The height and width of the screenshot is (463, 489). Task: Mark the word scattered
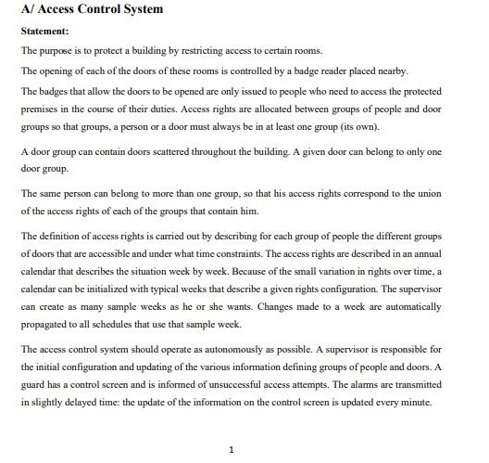[x=180, y=151]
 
